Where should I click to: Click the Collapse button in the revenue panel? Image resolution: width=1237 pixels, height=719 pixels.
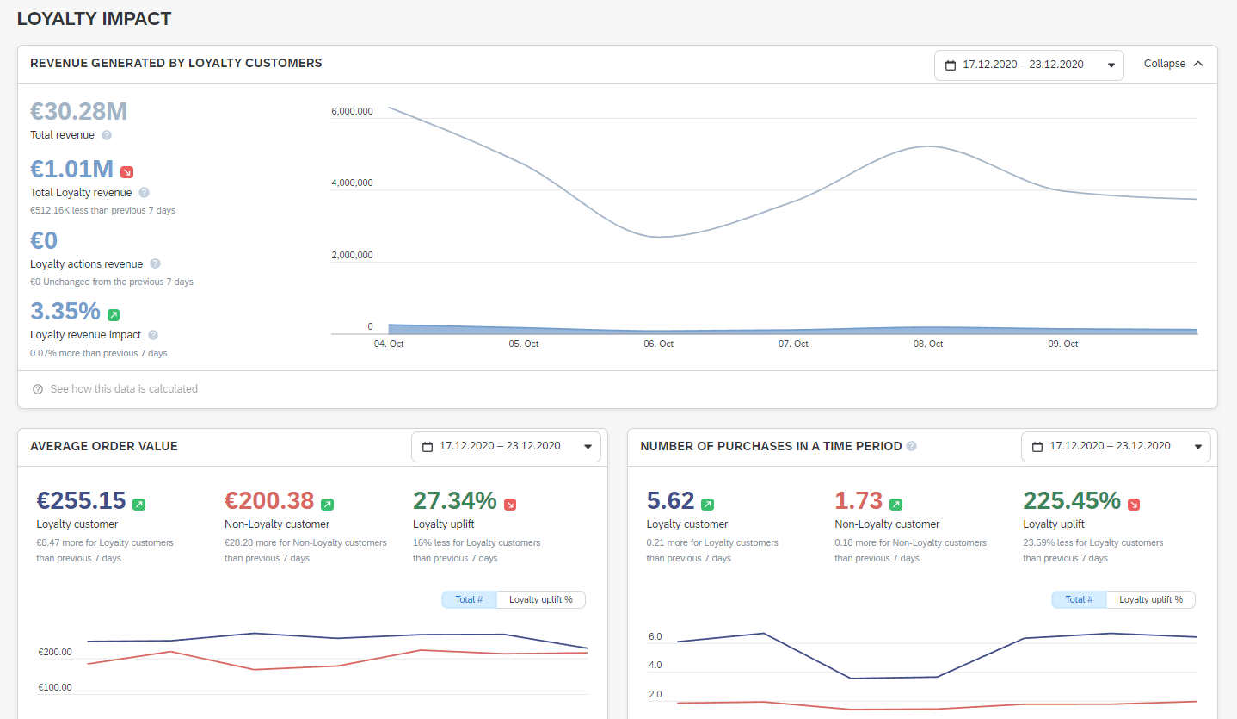(1172, 64)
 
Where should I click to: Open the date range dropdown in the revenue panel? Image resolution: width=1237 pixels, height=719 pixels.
(1029, 65)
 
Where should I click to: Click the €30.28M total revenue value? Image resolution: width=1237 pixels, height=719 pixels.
(78, 112)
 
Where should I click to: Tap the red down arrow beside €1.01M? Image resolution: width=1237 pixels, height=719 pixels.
(127, 171)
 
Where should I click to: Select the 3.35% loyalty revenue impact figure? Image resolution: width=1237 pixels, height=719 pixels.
(65, 311)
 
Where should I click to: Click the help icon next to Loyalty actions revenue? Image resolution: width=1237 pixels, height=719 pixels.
(155, 264)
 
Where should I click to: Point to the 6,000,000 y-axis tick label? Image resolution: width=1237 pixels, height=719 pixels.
(352, 112)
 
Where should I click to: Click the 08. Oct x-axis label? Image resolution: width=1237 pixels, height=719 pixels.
(928, 344)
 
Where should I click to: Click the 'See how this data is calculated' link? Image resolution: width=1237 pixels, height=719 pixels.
(124, 389)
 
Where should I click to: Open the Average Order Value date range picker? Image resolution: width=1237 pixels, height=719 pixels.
(506, 446)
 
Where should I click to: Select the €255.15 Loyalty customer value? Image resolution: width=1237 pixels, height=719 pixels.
(81, 501)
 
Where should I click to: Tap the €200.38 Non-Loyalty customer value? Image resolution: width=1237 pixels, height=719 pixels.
(269, 501)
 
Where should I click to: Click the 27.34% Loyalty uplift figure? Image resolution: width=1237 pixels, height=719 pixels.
(454, 501)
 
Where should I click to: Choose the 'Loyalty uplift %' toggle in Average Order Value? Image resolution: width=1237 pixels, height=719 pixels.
(540, 599)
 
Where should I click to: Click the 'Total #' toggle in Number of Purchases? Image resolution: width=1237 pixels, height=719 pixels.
(1079, 599)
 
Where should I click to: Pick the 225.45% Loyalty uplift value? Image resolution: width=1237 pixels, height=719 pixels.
(1071, 501)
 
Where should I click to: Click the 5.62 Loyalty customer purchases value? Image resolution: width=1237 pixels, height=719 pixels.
(669, 501)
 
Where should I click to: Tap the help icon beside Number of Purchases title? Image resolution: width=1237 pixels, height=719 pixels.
(912, 446)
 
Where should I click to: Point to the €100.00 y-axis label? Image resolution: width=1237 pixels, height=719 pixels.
(55, 687)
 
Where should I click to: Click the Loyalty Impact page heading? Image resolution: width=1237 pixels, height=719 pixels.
(94, 18)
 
